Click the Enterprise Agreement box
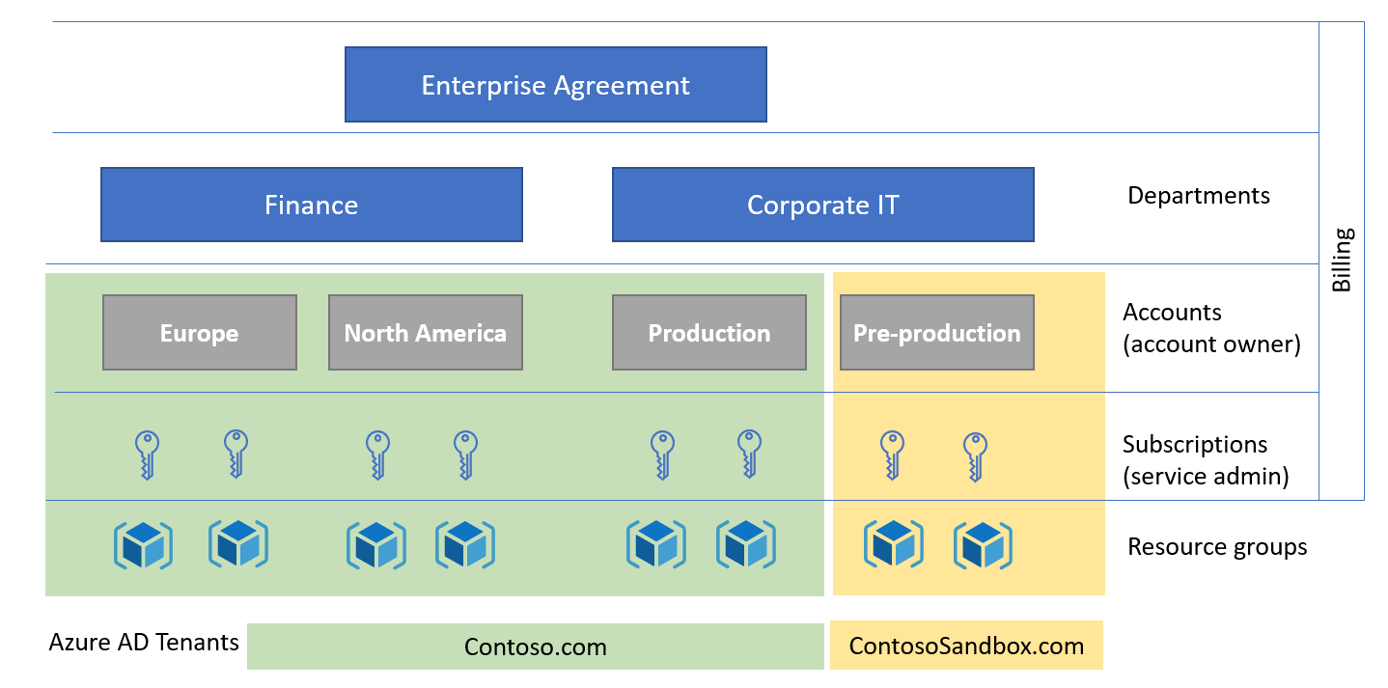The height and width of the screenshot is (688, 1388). (555, 85)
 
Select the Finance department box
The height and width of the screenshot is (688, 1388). (311, 205)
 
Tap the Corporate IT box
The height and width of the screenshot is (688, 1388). (822, 205)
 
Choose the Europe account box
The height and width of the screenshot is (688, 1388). (199, 333)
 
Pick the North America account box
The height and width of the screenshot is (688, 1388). (425, 333)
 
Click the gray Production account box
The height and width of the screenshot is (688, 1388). (708, 333)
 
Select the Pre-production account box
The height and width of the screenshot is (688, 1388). (936, 333)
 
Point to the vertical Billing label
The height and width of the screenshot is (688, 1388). (1342, 261)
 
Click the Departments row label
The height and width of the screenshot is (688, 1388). (1198, 196)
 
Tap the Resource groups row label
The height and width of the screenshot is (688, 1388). (1216, 547)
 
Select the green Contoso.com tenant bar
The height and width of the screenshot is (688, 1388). (535, 647)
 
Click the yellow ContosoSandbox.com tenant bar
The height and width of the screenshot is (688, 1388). (966, 647)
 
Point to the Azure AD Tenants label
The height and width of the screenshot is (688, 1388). (144, 642)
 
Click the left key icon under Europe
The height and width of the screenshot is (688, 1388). (146, 454)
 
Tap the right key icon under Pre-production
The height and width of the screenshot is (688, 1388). (975, 455)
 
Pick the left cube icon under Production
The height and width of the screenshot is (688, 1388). (656, 544)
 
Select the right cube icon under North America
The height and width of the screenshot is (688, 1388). (464, 544)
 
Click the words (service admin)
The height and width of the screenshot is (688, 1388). (1206, 477)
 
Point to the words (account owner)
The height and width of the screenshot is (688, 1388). (1211, 344)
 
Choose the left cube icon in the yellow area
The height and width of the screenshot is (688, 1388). (893, 544)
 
